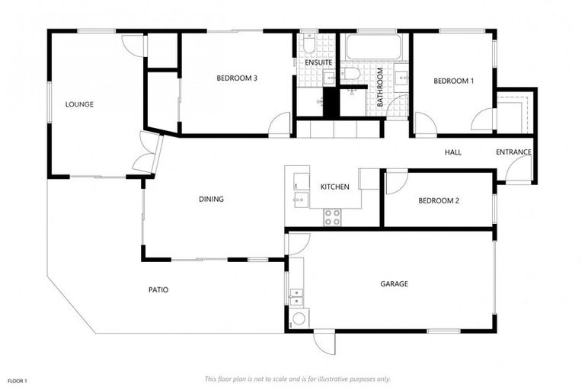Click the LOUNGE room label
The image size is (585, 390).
pos(79,104)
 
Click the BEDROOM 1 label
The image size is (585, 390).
pos(454,81)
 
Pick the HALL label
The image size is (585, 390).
pos(453,152)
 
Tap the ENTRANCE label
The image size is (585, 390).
pos(513,152)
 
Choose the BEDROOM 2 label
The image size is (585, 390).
pos(439,201)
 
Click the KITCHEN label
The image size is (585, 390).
pos(334,187)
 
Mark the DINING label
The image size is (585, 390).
pos(211,200)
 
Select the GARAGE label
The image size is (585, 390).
pos(394,284)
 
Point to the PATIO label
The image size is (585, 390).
pos(158,289)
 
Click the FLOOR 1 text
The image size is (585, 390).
pos(18,380)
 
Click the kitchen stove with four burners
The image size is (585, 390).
pos(333,216)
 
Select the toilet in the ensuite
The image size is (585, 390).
pos(308,46)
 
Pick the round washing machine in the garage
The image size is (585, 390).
pos(299,319)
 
